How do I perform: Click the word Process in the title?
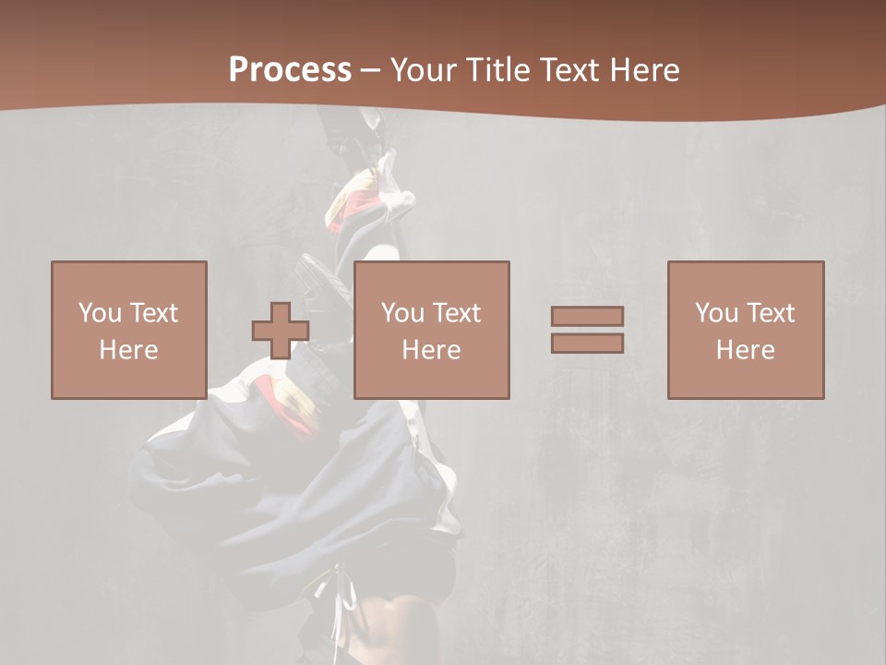point(290,70)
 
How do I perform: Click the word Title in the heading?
point(497,70)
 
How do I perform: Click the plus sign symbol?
point(281,331)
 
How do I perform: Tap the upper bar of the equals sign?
point(587,316)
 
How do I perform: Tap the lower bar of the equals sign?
point(587,344)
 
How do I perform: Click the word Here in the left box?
point(128,350)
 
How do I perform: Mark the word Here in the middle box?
point(432,350)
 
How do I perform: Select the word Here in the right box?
point(746,350)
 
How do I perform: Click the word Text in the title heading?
point(567,70)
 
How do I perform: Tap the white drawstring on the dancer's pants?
point(344,600)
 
